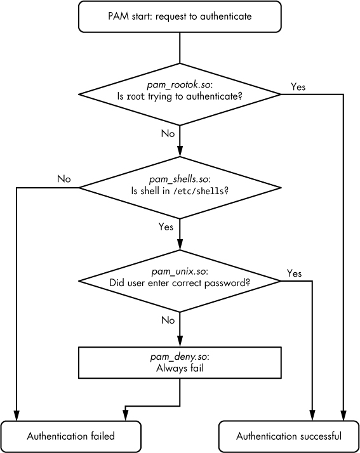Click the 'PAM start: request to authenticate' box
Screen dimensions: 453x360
coord(180,16)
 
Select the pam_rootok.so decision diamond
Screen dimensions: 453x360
coord(180,95)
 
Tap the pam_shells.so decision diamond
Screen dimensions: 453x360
coord(180,188)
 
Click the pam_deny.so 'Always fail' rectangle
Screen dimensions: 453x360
coord(180,362)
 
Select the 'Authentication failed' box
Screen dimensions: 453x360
coord(70,436)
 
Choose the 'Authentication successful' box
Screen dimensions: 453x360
coord(289,436)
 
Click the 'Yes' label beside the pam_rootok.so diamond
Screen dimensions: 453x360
coord(298,87)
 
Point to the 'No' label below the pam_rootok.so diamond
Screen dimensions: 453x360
coord(168,134)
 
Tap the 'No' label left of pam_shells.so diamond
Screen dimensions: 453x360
coord(63,179)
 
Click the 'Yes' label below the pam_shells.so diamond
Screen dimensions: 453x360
coord(166,226)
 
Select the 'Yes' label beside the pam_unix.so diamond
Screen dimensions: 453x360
coord(294,273)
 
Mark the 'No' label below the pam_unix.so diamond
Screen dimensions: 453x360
coord(168,320)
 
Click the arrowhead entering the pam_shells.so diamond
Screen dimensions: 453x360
coord(180,152)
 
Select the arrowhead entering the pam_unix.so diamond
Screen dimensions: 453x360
coord(180,245)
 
